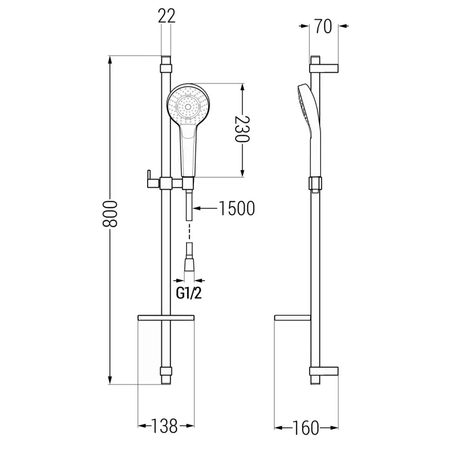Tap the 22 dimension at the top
click(x=167, y=16)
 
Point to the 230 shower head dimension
click(x=244, y=131)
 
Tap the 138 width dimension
click(x=166, y=426)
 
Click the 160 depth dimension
click(x=306, y=427)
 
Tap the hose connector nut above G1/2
click(x=191, y=265)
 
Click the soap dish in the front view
click(x=166, y=319)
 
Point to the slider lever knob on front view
click(x=149, y=178)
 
